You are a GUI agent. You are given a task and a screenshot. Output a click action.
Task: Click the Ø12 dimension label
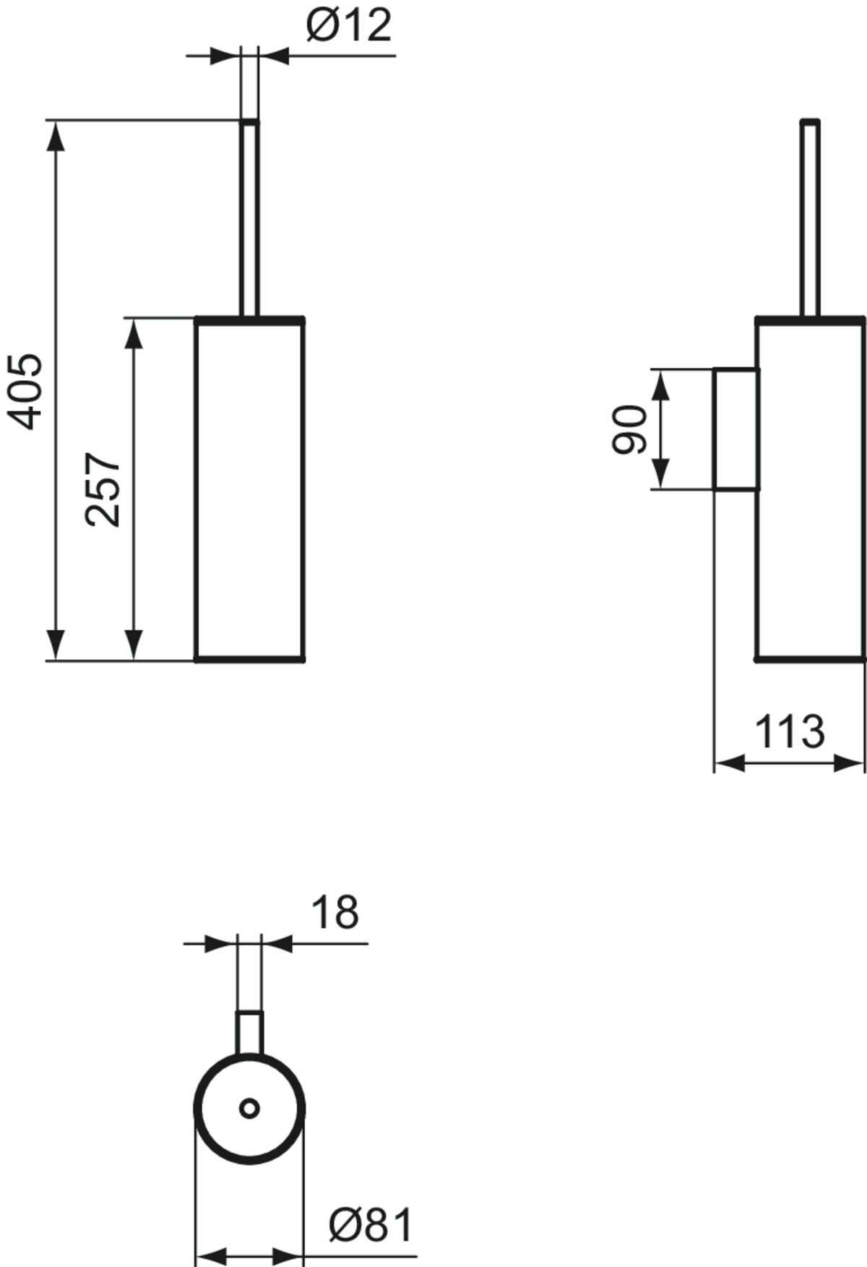point(349,26)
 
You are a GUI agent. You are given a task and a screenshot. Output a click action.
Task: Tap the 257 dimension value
point(103,489)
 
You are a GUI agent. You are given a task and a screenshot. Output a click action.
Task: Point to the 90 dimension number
point(629,429)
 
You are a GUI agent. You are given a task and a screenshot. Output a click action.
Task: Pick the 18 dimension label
point(335,912)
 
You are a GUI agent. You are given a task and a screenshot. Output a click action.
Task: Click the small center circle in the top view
point(249,1108)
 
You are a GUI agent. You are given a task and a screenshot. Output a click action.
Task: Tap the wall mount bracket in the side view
point(736,429)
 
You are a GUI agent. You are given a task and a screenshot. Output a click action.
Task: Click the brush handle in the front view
point(249,218)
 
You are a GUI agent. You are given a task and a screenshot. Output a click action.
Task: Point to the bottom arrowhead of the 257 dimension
point(134,645)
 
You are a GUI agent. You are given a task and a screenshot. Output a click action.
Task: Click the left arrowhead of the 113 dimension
point(729,763)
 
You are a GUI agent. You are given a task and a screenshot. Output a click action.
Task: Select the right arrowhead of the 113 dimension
point(849,763)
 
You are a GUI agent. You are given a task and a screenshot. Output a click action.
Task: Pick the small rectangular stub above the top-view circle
point(249,1035)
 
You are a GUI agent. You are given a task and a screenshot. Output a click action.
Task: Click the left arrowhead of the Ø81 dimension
point(211,1255)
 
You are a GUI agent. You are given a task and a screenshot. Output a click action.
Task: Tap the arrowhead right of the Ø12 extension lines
point(274,56)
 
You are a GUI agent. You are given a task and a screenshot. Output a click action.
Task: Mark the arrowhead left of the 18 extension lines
point(221,944)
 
